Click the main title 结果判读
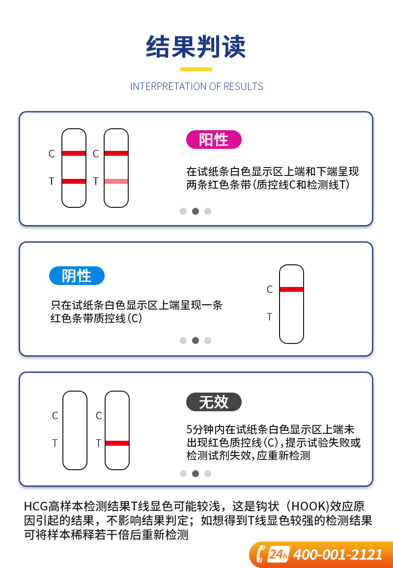coord(196,47)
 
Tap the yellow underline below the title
coord(196,69)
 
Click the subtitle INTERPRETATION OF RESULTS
coord(196,86)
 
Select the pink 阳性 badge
coord(214,140)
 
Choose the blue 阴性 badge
coord(77,276)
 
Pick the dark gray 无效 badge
coord(214,402)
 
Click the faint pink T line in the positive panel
coord(116,181)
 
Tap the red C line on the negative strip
coord(292,289)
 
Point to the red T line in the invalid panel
coord(117,443)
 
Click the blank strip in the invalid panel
coord(75,430)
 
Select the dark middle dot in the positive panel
coord(196,211)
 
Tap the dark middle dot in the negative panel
coord(196,341)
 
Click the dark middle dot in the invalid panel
coord(196,474)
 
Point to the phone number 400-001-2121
coord(337,555)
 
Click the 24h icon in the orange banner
coord(278,554)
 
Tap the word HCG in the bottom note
coord(36,507)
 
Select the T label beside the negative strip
coord(270,317)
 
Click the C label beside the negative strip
coord(270,289)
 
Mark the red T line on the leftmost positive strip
coord(74,181)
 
